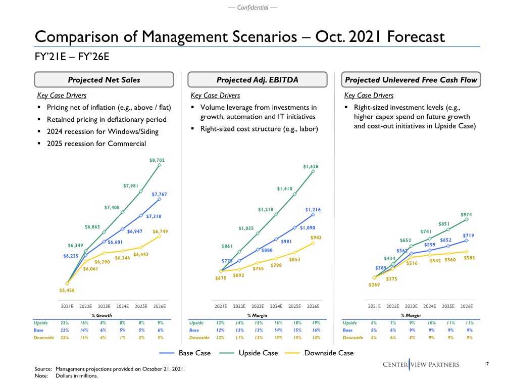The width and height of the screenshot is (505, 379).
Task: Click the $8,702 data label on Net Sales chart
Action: pos(157,160)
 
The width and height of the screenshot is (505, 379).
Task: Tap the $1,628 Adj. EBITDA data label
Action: pos(311,166)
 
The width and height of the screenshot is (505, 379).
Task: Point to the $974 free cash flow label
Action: pos(466,215)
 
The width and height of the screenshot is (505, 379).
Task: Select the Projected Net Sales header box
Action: pos(105,80)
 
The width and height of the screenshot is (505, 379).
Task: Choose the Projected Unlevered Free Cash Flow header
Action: pos(412,80)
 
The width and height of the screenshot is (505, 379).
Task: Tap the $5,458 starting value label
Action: pos(67,290)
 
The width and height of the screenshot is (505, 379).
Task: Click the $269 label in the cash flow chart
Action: pos(374,285)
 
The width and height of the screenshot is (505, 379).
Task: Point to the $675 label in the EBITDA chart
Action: pos(221,277)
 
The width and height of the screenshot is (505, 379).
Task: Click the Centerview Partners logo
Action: pos(428,364)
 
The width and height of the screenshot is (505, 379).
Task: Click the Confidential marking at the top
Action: pos(252,7)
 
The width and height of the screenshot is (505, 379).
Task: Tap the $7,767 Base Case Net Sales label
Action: pos(160,194)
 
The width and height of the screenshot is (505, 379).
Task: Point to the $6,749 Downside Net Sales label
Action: pos(160,232)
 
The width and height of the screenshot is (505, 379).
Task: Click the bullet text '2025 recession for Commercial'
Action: pos(103,144)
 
